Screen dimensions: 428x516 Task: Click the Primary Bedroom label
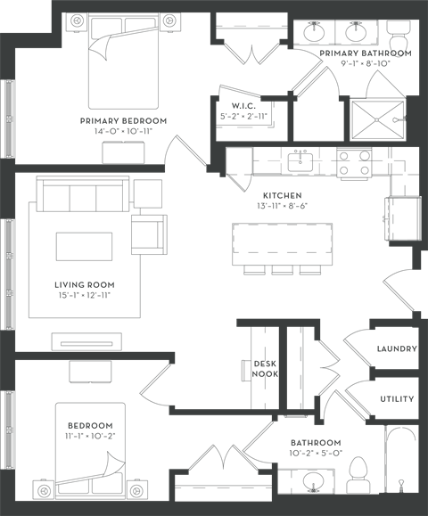pyautogui.click(x=123, y=121)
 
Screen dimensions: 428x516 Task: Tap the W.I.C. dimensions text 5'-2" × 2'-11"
pyautogui.click(x=243, y=116)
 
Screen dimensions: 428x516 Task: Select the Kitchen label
pyautogui.click(x=283, y=195)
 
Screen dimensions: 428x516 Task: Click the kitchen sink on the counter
pyautogui.click(x=300, y=161)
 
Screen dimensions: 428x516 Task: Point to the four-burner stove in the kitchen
pyautogui.click(x=354, y=162)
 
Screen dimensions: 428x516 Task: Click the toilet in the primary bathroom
pyautogui.click(x=399, y=35)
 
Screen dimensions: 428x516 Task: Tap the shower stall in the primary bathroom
pyautogui.click(x=378, y=119)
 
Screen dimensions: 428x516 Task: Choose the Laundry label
pyautogui.click(x=397, y=348)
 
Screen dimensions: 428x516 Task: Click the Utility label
pyautogui.click(x=397, y=399)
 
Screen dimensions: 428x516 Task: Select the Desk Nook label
pyautogui.click(x=265, y=369)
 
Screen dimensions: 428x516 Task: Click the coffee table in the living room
pyautogui.click(x=84, y=247)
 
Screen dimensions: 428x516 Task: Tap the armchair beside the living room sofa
pyautogui.click(x=149, y=234)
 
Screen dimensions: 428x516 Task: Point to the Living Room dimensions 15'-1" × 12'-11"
pyautogui.click(x=85, y=295)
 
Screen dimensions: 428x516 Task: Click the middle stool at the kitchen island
pyautogui.click(x=282, y=269)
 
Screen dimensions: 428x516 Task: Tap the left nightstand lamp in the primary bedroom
pyautogui.click(x=77, y=20)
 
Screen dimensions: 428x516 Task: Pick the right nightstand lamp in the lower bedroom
pyautogui.click(x=136, y=491)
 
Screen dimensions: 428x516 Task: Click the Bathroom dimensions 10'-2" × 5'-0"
pyautogui.click(x=316, y=453)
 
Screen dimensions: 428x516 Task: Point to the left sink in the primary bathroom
pyautogui.click(x=314, y=32)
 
